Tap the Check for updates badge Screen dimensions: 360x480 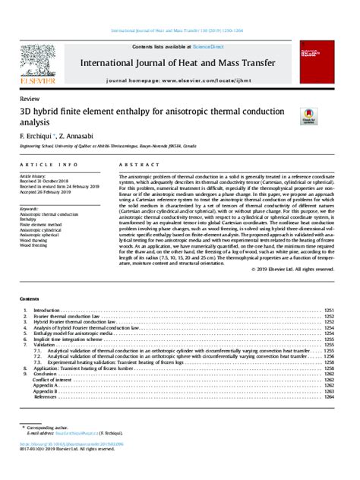point(309,115)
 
